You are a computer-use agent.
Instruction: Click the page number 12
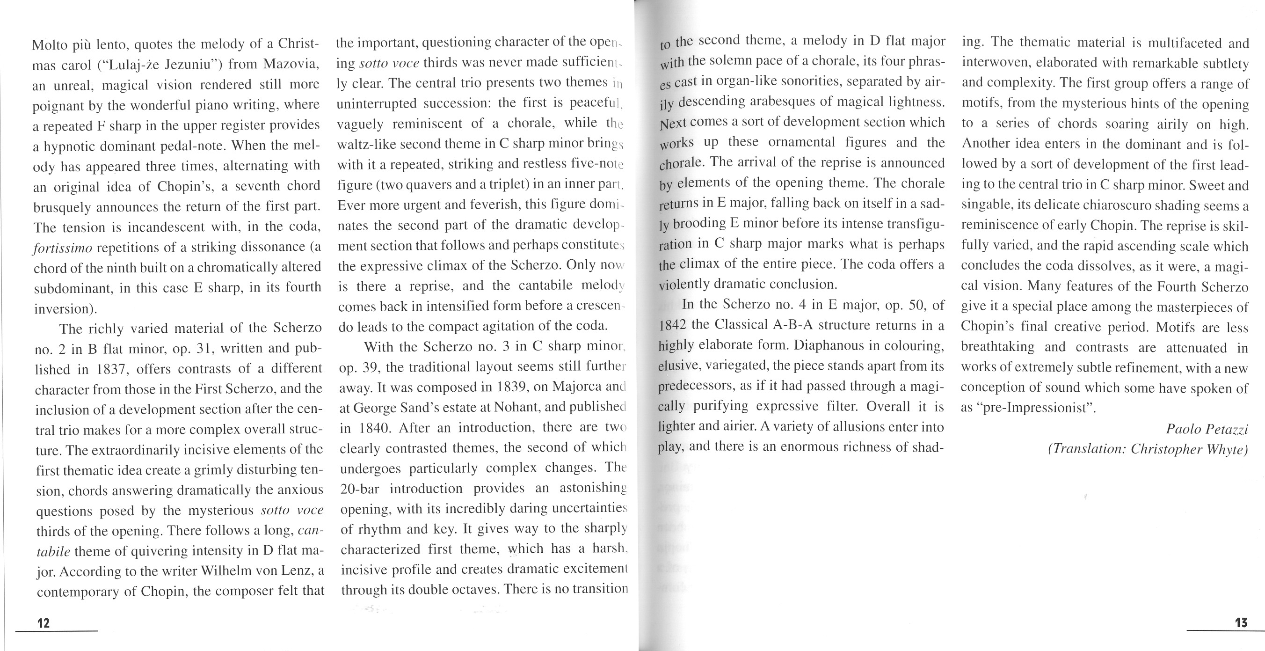click(44, 623)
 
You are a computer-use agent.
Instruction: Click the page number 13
click(1241, 622)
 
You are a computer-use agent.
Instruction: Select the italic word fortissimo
click(62, 248)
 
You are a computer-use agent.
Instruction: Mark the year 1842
click(674, 325)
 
